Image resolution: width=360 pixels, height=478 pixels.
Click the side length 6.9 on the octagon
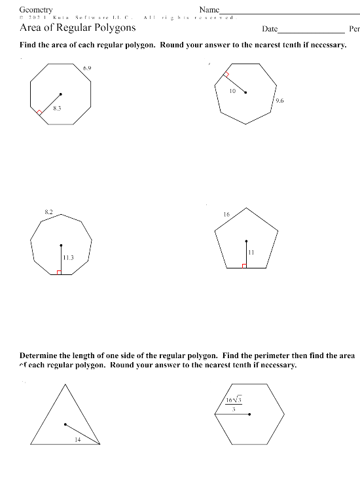87,68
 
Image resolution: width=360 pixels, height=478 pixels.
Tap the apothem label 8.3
57,107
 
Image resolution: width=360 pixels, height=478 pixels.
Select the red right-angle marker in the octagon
39,113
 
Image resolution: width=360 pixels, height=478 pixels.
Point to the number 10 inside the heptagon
232,91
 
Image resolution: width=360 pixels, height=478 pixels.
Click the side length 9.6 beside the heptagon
279,101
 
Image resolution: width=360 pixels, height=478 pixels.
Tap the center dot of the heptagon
245,93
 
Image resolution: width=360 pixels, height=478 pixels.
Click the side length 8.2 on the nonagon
48,213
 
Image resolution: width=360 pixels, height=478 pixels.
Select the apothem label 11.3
68,258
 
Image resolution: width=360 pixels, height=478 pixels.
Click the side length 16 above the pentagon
226,215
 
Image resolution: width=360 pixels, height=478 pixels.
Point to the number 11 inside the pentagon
251,253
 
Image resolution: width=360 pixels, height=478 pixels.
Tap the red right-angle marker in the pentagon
244,265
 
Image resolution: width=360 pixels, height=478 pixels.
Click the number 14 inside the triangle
77,440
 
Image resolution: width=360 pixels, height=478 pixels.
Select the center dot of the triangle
65,424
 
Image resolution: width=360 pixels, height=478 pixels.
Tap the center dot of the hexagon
249,414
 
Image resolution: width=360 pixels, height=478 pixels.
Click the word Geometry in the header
36,9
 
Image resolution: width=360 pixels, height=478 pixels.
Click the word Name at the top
209,9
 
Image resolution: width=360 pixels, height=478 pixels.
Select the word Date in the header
270,29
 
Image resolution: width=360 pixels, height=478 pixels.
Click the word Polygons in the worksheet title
113,28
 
